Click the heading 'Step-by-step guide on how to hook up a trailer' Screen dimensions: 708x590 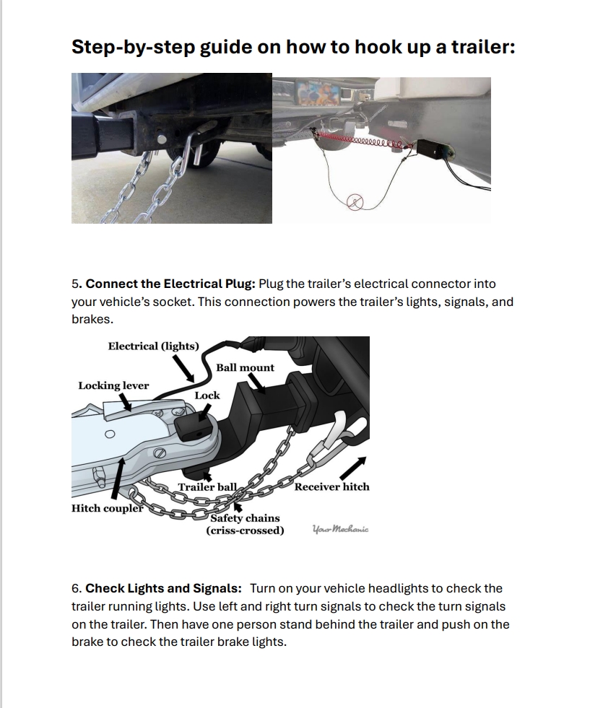click(x=292, y=48)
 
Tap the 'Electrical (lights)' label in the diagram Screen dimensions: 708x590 click(x=153, y=346)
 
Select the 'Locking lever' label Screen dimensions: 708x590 click(x=113, y=385)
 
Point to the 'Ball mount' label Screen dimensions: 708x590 click(x=245, y=367)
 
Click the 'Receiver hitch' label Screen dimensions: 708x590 click(x=331, y=486)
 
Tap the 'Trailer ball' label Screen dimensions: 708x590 click(x=207, y=487)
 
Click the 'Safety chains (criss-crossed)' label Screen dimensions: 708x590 click(x=245, y=525)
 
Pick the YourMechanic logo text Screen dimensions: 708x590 click(x=340, y=529)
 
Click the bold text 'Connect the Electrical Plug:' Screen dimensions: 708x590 click(x=170, y=284)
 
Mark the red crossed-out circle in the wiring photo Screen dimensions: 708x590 click(x=355, y=203)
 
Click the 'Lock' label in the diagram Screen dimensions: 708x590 click(x=207, y=395)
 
